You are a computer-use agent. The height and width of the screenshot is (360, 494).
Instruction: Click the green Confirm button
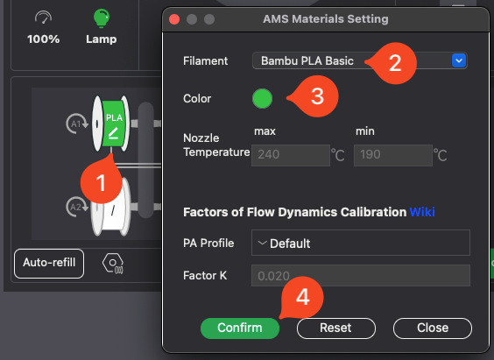(x=240, y=328)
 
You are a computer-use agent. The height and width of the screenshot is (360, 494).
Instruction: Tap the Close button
(x=433, y=328)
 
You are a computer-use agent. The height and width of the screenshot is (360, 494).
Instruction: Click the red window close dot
(x=174, y=19)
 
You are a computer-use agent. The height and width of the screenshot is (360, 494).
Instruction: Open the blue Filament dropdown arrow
(x=459, y=60)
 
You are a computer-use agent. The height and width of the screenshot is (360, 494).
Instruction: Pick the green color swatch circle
(x=262, y=98)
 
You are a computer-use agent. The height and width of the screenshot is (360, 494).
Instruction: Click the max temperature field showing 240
(x=291, y=155)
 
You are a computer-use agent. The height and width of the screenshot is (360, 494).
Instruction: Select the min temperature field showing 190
(x=393, y=155)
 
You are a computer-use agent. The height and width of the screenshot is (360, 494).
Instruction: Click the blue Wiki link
(x=422, y=212)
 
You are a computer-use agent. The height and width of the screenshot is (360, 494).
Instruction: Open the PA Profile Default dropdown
(x=360, y=243)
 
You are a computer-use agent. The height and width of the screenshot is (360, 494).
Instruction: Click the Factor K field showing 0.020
(x=360, y=276)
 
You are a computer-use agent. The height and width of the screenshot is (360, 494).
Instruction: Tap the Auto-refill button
(x=49, y=264)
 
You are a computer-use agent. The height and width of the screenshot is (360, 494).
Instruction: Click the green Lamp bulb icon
(x=101, y=18)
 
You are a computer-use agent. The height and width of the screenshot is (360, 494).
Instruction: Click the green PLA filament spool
(x=111, y=124)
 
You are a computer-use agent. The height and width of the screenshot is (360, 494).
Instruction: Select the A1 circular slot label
(x=76, y=124)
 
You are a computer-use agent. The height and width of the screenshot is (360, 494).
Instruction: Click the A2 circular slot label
(x=76, y=207)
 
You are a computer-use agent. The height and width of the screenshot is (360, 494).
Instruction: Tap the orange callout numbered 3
(x=316, y=96)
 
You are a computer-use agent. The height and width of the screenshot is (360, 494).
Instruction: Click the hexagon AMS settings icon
(x=113, y=264)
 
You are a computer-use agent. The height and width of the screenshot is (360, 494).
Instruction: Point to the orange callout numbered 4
(x=301, y=297)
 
